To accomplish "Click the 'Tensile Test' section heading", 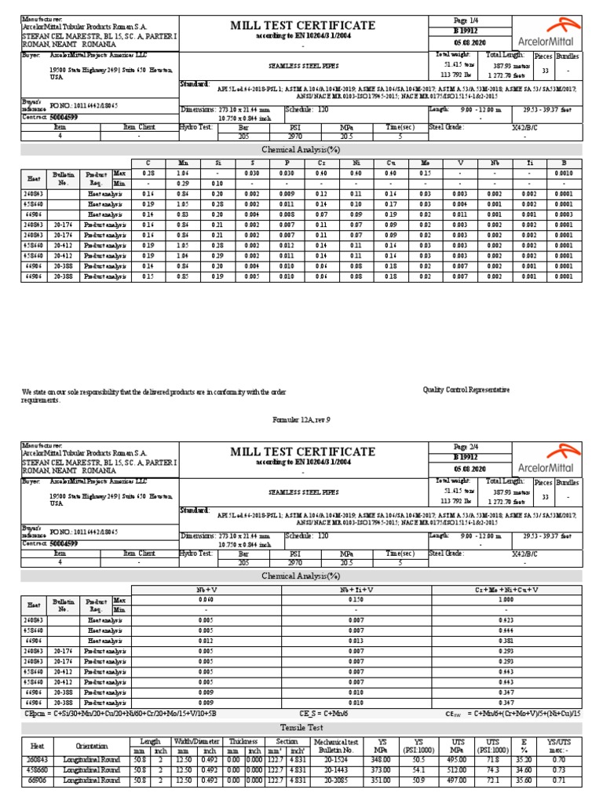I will coord(302,727).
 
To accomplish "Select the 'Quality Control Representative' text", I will coord(466,389).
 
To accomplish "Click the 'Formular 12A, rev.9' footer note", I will coord(301,420).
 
